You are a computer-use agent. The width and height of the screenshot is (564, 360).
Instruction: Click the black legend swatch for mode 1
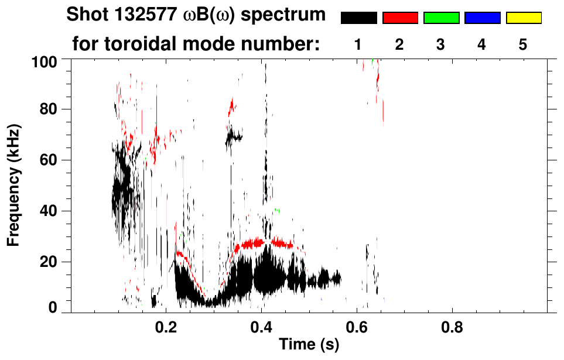pyautogui.click(x=359, y=18)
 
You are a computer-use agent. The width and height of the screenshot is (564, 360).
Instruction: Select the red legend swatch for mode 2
pyautogui.click(x=400, y=18)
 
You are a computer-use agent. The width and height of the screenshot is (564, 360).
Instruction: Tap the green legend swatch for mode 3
pyautogui.click(x=441, y=18)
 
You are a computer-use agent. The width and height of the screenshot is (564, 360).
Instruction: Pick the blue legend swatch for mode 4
pyautogui.click(x=482, y=18)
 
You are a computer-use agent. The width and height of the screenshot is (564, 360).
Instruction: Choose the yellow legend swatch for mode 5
pyautogui.click(x=523, y=18)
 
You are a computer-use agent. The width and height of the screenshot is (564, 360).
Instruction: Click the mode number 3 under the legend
pyautogui.click(x=441, y=44)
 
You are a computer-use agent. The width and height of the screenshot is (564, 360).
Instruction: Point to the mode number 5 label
pyautogui.click(x=523, y=44)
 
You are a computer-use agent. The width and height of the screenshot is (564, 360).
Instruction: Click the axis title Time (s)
pyautogui.click(x=308, y=345)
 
